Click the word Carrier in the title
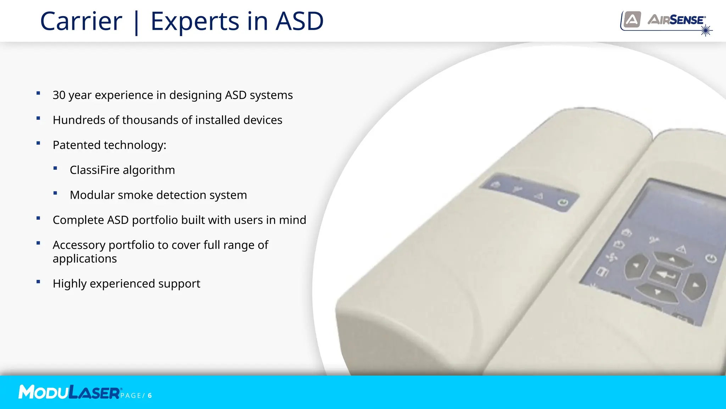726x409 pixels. [81, 21]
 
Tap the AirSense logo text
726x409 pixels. [676, 20]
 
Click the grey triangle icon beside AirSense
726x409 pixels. [632, 19]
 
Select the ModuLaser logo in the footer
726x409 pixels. [69, 392]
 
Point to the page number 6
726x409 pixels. [150, 396]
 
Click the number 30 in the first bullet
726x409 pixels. [59, 95]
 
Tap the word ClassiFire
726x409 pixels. [95, 170]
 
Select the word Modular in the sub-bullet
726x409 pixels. [92, 195]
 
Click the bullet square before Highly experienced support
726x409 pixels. [38, 282]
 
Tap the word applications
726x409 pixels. [85, 259]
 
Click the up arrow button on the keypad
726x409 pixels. [671, 259]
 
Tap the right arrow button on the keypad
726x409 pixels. [695, 285]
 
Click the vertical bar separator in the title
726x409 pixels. [136, 22]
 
